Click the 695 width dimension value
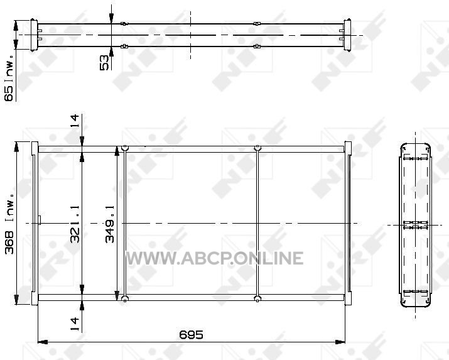tap(191, 334)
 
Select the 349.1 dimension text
tap(110, 224)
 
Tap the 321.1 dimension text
tap(75, 224)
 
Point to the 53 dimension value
tap(104, 62)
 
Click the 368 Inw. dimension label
tap(9, 224)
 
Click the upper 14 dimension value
tap(75, 121)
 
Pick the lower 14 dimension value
tap(75, 324)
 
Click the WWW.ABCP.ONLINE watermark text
tap(215, 258)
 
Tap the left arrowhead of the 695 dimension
tap(43, 342)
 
